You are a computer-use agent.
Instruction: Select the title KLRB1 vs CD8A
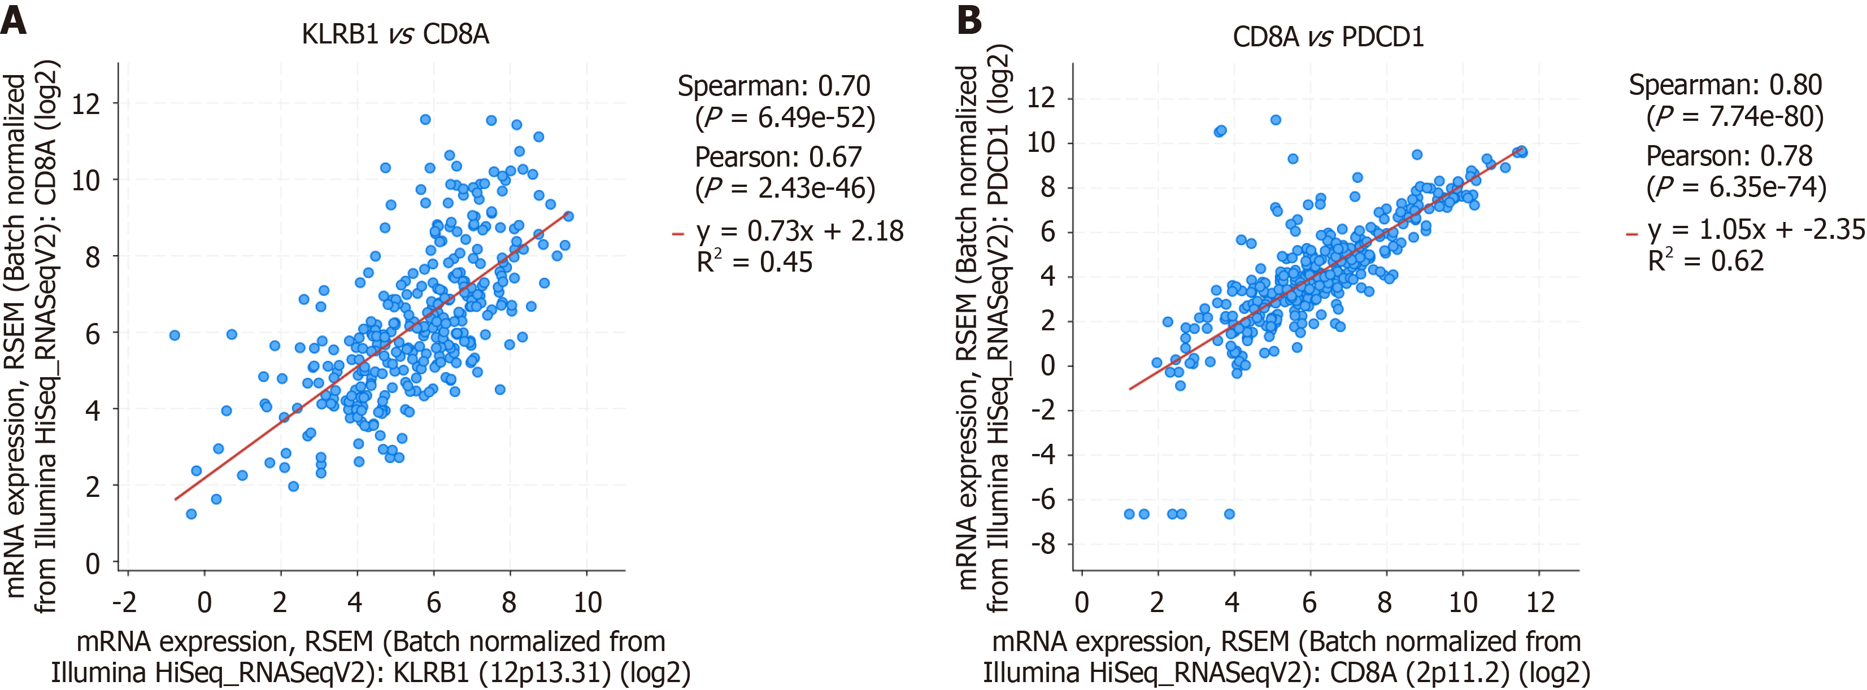(395, 34)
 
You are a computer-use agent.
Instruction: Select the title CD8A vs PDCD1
(1328, 36)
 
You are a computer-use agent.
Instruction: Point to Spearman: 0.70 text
(773, 86)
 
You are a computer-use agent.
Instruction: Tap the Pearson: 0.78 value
(1729, 156)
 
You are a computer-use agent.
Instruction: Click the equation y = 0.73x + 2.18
(799, 231)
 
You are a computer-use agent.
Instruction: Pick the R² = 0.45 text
(754, 261)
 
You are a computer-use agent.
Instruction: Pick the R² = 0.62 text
(1705, 260)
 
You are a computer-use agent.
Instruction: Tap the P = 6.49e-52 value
(785, 117)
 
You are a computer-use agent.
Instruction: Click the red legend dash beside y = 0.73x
(678, 233)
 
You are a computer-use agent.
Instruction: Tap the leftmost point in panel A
(175, 335)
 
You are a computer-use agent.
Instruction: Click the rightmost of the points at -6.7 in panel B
(1229, 514)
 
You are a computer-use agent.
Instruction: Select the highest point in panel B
(1276, 120)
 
